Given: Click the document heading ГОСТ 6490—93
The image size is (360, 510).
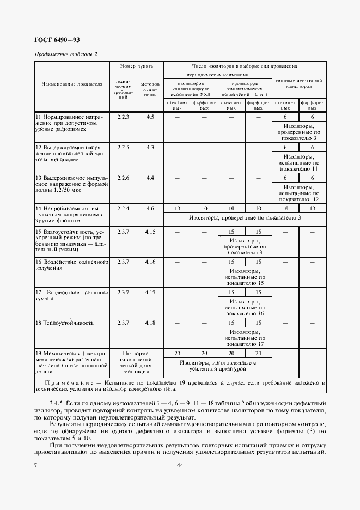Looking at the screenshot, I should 57,39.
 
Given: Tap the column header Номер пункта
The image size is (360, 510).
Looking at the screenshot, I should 136,65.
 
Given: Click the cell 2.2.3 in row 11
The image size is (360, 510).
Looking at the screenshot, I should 123,117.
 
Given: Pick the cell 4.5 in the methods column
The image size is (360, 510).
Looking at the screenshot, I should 150,117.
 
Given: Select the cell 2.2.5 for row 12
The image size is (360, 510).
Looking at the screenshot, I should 123,147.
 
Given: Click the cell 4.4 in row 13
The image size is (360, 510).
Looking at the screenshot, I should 150,178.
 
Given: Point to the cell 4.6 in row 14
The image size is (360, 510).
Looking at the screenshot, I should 150,208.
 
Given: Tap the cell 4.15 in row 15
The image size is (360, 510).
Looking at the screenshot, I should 150,232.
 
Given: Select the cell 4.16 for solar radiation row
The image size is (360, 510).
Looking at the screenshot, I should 150,262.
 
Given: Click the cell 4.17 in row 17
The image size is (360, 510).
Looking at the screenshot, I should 150,293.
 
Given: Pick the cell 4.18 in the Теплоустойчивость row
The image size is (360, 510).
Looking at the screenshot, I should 150,323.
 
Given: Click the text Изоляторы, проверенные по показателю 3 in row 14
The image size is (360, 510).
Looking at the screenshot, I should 245,218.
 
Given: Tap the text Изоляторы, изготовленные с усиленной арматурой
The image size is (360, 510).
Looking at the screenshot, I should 218,365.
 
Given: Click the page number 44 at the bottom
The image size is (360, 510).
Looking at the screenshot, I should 180,465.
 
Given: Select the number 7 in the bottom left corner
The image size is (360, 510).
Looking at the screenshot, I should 35,465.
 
